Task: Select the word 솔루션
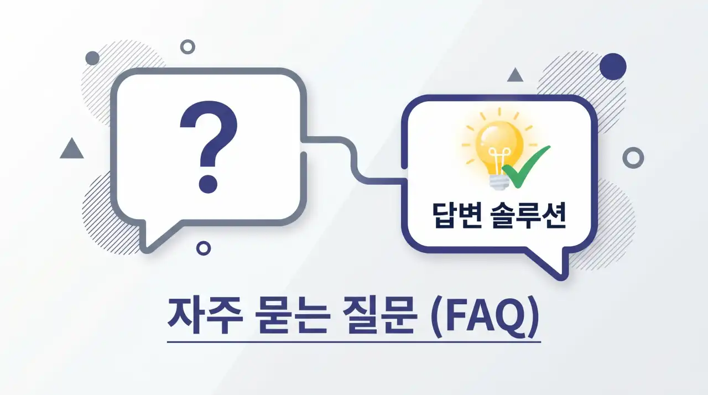click(x=528, y=216)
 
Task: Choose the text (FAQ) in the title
click(x=485, y=316)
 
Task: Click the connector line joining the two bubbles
click(x=354, y=158)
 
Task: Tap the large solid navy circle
click(x=613, y=66)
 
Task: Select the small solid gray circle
click(x=92, y=58)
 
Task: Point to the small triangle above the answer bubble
click(x=516, y=75)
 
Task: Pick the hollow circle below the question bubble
click(x=204, y=248)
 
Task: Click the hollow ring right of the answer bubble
click(x=633, y=158)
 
